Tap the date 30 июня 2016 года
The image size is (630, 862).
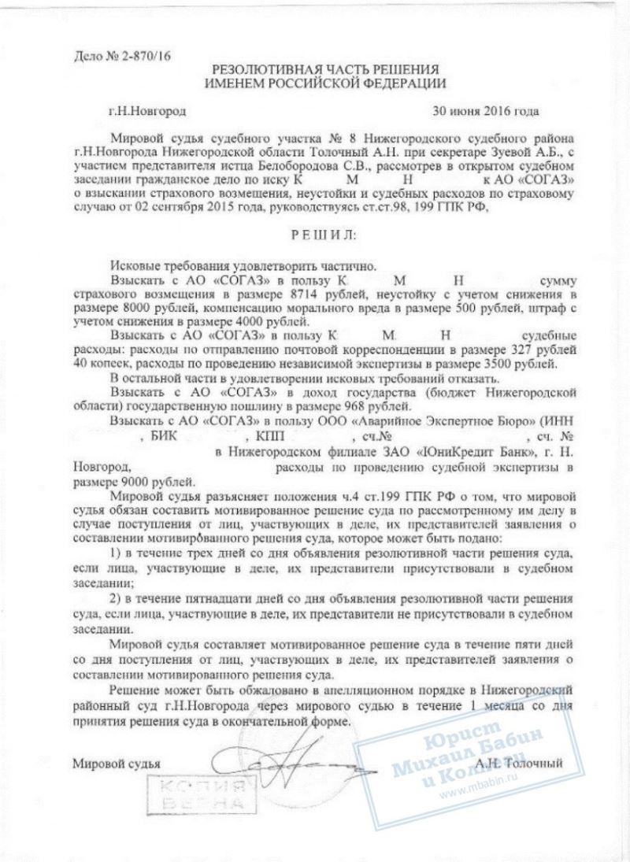pyautogui.click(x=484, y=112)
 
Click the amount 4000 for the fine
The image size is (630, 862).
pyautogui.click(x=210, y=322)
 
